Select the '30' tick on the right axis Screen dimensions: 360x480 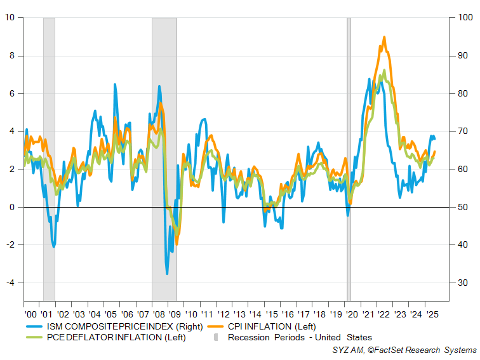[463, 283]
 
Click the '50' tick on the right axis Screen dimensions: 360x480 [463, 207]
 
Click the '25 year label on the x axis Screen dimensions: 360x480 [432, 314]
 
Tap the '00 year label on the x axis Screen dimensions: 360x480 [30, 314]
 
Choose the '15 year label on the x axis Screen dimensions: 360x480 [271, 314]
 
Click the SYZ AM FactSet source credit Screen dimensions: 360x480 [404, 350]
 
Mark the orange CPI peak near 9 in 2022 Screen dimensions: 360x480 [384, 37]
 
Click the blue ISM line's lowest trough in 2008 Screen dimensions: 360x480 [167, 274]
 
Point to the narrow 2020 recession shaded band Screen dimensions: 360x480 [349, 159]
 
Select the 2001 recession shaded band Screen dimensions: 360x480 [49, 159]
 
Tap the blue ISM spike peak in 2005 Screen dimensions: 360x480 [115, 84]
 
